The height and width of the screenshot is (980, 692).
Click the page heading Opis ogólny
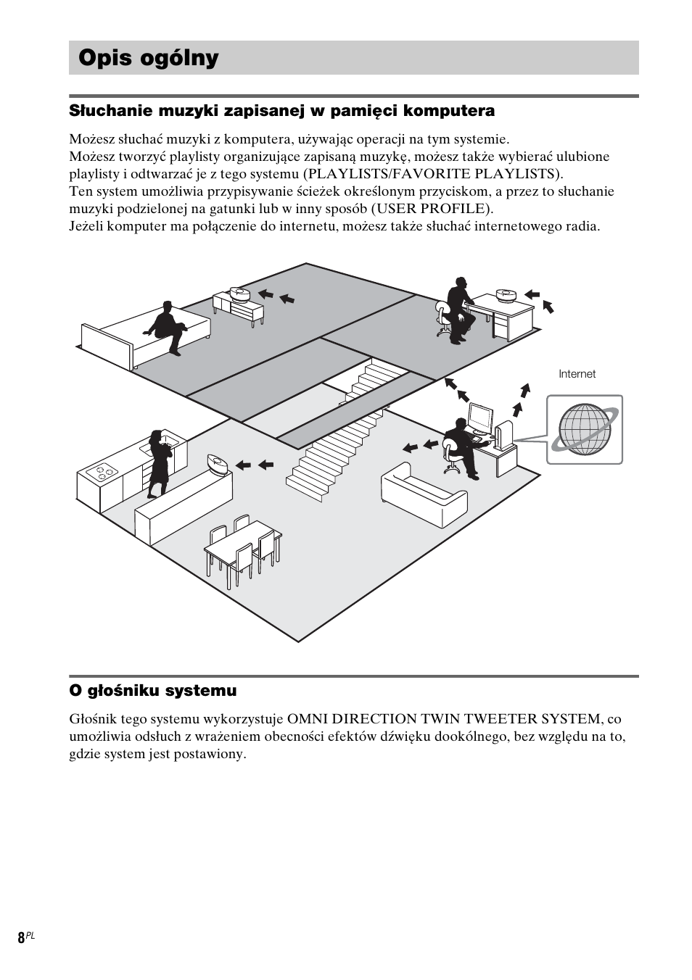149,58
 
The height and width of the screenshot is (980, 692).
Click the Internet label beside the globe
577,374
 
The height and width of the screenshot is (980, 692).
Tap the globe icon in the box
585,429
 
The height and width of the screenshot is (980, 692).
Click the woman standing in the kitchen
158,464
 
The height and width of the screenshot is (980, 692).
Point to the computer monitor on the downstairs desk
479,418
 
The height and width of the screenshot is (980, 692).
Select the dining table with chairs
243,551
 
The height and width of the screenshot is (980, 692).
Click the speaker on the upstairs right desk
506,295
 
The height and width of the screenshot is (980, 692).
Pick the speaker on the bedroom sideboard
239,294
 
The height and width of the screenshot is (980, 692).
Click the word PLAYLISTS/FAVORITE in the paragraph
376,174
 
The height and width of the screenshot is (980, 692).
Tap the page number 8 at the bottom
21,937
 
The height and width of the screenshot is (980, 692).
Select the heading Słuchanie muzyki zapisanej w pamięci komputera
281,111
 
